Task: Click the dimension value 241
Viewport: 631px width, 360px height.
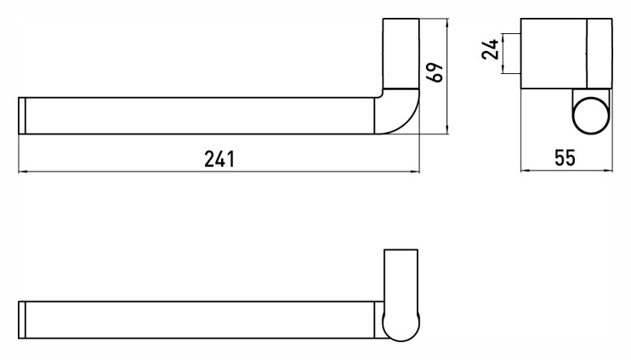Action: coord(219,159)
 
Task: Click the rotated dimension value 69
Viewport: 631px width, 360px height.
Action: coord(435,72)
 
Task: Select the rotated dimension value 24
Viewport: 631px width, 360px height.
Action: coord(491,49)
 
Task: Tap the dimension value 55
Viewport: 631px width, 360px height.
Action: coord(565,157)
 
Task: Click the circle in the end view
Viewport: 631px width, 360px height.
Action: coord(590,116)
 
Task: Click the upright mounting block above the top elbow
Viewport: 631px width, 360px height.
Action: coord(401,53)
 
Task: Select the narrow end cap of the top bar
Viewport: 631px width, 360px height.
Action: coord(22,116)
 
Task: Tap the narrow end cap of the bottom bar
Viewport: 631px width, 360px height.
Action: coord(22,320)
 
